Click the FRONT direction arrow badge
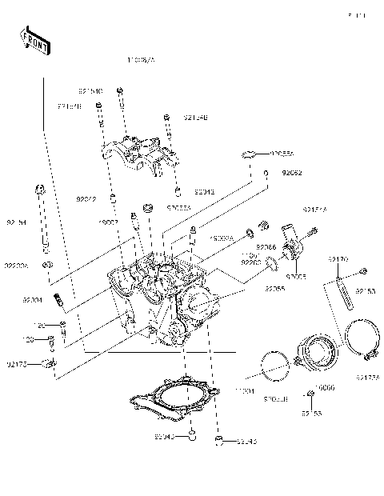tap(34, 40)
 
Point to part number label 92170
tap(338, 259)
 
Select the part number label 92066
tap(266, 249)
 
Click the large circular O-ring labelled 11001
tap(276, 366)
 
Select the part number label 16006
tap(323, 386)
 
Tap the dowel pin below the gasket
tap(191, 437)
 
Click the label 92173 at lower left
tap(16, 364)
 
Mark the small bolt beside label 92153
tap(363, 271)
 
